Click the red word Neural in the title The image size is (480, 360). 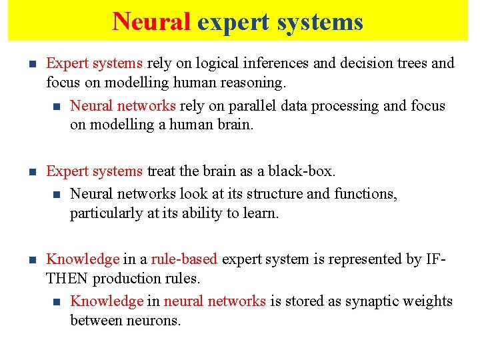151,21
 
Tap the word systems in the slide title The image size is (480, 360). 321,21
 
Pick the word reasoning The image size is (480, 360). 255,83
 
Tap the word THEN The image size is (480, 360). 67,279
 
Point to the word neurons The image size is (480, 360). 153,321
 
